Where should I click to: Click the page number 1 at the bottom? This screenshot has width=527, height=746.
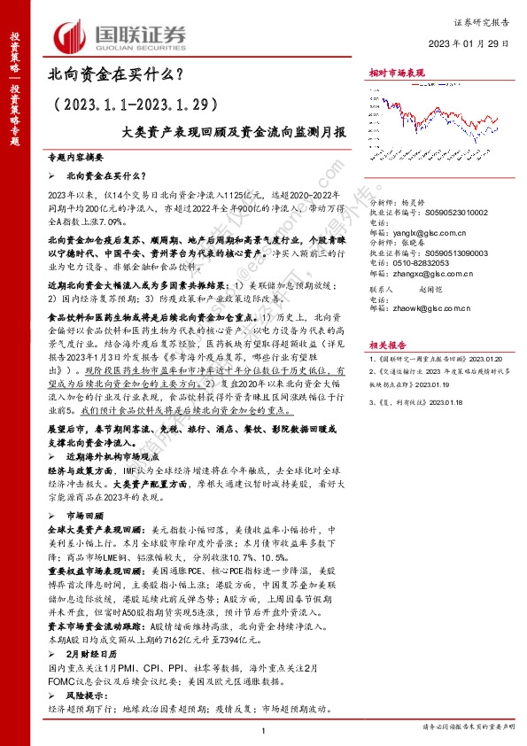pos(264,729)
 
